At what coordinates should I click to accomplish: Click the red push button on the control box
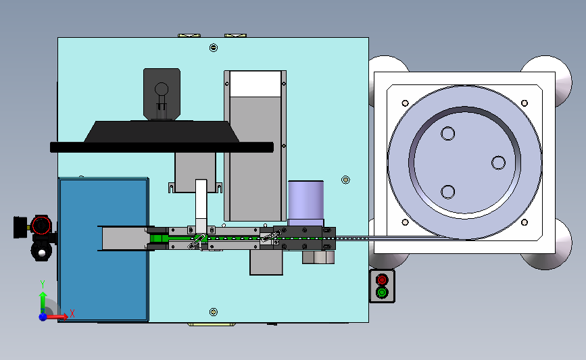click(382, 280)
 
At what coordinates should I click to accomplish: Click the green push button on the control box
click(382, 292)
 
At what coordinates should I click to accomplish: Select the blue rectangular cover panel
click(103, 249)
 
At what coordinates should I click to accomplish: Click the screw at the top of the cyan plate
click(214, 47)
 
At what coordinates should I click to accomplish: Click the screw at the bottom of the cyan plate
click(214, 312)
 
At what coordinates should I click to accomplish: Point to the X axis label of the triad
click(72, 313)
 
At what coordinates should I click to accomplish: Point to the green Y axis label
click(43, 284)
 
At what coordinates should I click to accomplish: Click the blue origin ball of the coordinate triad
click(43, 317)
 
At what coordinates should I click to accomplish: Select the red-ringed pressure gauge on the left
click(41, 225)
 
